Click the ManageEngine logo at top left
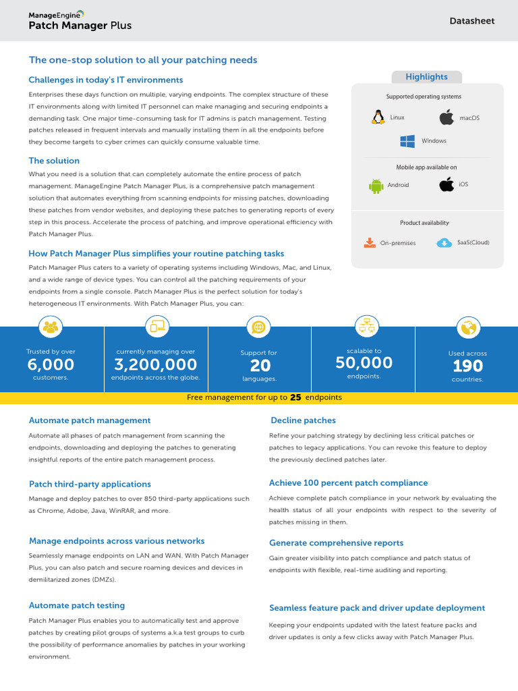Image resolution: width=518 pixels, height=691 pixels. (57, 13)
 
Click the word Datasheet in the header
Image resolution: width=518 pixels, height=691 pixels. (472, 21)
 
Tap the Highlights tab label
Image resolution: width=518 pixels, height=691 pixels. (426, 77)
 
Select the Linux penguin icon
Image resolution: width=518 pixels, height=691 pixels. (376, 117)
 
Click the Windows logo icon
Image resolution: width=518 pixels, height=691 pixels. (407, 141)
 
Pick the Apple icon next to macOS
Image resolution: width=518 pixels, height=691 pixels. (446, 118)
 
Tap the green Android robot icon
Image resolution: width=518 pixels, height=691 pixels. (376, 186)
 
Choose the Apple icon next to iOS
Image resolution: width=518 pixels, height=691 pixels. (446, 185)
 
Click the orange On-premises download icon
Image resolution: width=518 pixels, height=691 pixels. (369, 243)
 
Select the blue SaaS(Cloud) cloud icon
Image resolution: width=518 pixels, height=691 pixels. (444, 243)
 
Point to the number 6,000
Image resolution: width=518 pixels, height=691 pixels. (51, 365)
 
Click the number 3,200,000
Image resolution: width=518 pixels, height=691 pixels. (155, 365)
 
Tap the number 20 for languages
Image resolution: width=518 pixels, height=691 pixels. (260, 366)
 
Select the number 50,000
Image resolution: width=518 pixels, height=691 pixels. (364, 363)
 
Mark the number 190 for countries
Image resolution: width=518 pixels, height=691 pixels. (467, 366)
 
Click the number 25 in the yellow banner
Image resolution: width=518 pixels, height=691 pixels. (295, 398)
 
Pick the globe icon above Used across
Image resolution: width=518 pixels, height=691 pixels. (467, 328)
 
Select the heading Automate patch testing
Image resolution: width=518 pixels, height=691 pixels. (77, 605)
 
